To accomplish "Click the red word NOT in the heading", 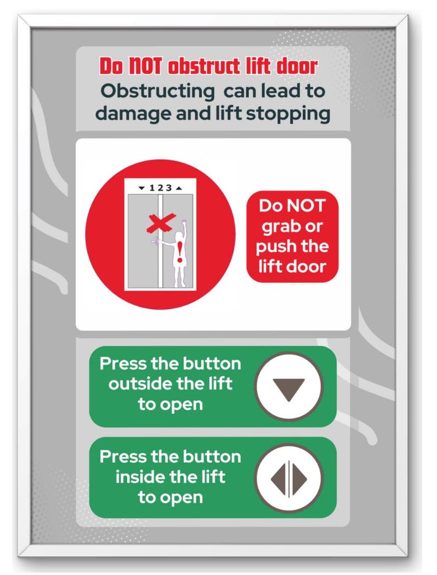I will [146, 66].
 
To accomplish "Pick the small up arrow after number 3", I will [178, 188].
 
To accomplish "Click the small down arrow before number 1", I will [141, 188].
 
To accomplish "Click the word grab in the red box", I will [281, 226].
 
